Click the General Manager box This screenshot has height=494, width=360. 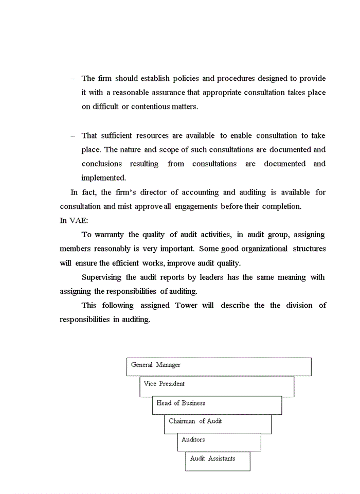click(219, 366)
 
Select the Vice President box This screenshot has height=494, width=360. click(217, 386)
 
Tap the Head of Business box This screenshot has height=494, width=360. click(217, 405)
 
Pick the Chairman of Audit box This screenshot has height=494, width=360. click(218, 424)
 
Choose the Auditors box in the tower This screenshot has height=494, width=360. click(219, 442)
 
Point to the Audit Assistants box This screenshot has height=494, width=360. click(218, 461)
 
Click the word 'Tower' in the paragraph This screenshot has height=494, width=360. click(186, 305)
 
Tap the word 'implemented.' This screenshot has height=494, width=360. click(103, 178)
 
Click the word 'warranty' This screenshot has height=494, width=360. click(110, 235)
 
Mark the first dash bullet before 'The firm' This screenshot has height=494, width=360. click(73, 79)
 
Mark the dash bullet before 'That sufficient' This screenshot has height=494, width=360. click(73, 136)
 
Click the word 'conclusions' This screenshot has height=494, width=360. click(102, 164)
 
